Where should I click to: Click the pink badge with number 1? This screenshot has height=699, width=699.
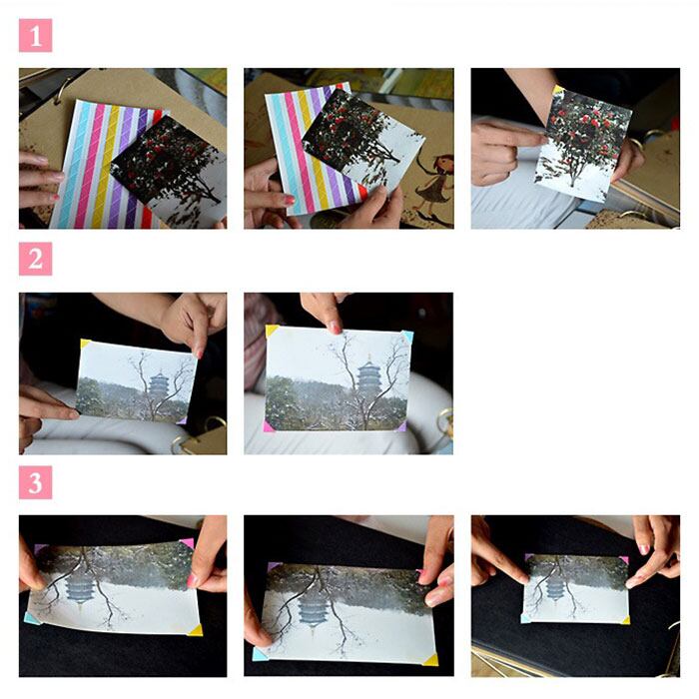[35, 35]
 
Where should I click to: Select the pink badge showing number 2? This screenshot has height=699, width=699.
[35, 259]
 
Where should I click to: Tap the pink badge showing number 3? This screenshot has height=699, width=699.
[35, 482]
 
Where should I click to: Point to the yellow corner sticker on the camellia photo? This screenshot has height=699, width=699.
[558, 90]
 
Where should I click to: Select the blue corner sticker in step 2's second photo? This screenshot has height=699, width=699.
[407, 337]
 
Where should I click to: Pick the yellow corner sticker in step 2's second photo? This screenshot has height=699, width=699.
[271, 331]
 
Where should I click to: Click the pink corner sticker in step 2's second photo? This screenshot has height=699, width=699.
[269, 427]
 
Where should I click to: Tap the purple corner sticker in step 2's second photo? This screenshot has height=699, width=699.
[401, 427]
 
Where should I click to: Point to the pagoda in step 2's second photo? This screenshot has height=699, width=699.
[368, 376]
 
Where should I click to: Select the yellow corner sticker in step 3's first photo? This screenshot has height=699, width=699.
[196, 630]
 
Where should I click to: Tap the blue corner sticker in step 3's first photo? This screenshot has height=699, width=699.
[31, 618]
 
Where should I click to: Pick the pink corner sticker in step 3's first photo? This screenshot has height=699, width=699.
[188, 543]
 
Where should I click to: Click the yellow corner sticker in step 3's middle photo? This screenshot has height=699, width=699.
[431, 659]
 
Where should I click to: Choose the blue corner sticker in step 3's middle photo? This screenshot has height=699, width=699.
[260, 654]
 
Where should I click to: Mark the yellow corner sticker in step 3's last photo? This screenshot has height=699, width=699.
[626, 620]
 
